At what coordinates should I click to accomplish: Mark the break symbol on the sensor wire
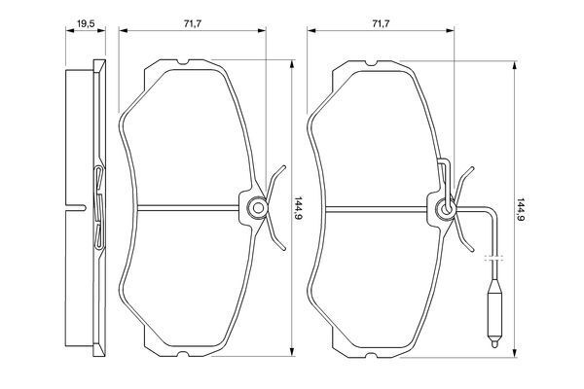pos(495,258)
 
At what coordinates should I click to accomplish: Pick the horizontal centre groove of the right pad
pos(370,206)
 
